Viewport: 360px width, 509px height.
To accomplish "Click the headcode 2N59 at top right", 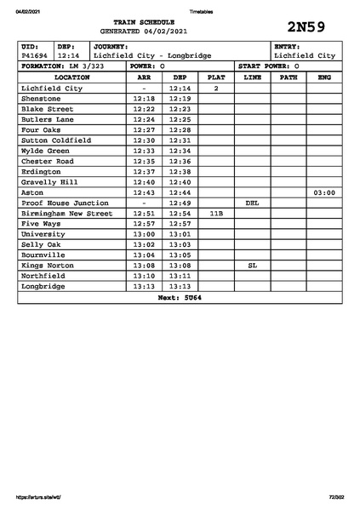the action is [x=306, y=26].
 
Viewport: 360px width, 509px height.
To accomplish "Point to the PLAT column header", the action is [x=216, y=77].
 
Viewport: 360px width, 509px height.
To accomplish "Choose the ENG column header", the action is [x=324, y=77].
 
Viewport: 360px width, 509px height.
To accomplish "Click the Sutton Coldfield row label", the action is [x=55, y=140].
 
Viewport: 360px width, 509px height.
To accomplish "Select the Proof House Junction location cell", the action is [x=65, y=203].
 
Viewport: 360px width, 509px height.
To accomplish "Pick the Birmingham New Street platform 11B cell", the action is [x=216, y=214].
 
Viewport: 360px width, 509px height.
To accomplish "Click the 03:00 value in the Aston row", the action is [x=324, y=193].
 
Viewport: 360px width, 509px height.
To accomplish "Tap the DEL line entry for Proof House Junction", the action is [x=252, y=203].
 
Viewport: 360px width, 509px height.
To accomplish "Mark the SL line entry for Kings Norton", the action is [x=252, y=266].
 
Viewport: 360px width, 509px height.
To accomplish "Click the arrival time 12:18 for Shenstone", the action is [x=145, y=99].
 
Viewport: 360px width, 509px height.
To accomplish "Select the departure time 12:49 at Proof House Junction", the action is [x=180, y=203].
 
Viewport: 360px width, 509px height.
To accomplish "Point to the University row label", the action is [x=43, y=234].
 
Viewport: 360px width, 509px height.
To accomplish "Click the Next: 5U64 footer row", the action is [x=180, y=298].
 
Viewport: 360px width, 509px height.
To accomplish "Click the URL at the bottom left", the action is [x=38, y=497].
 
